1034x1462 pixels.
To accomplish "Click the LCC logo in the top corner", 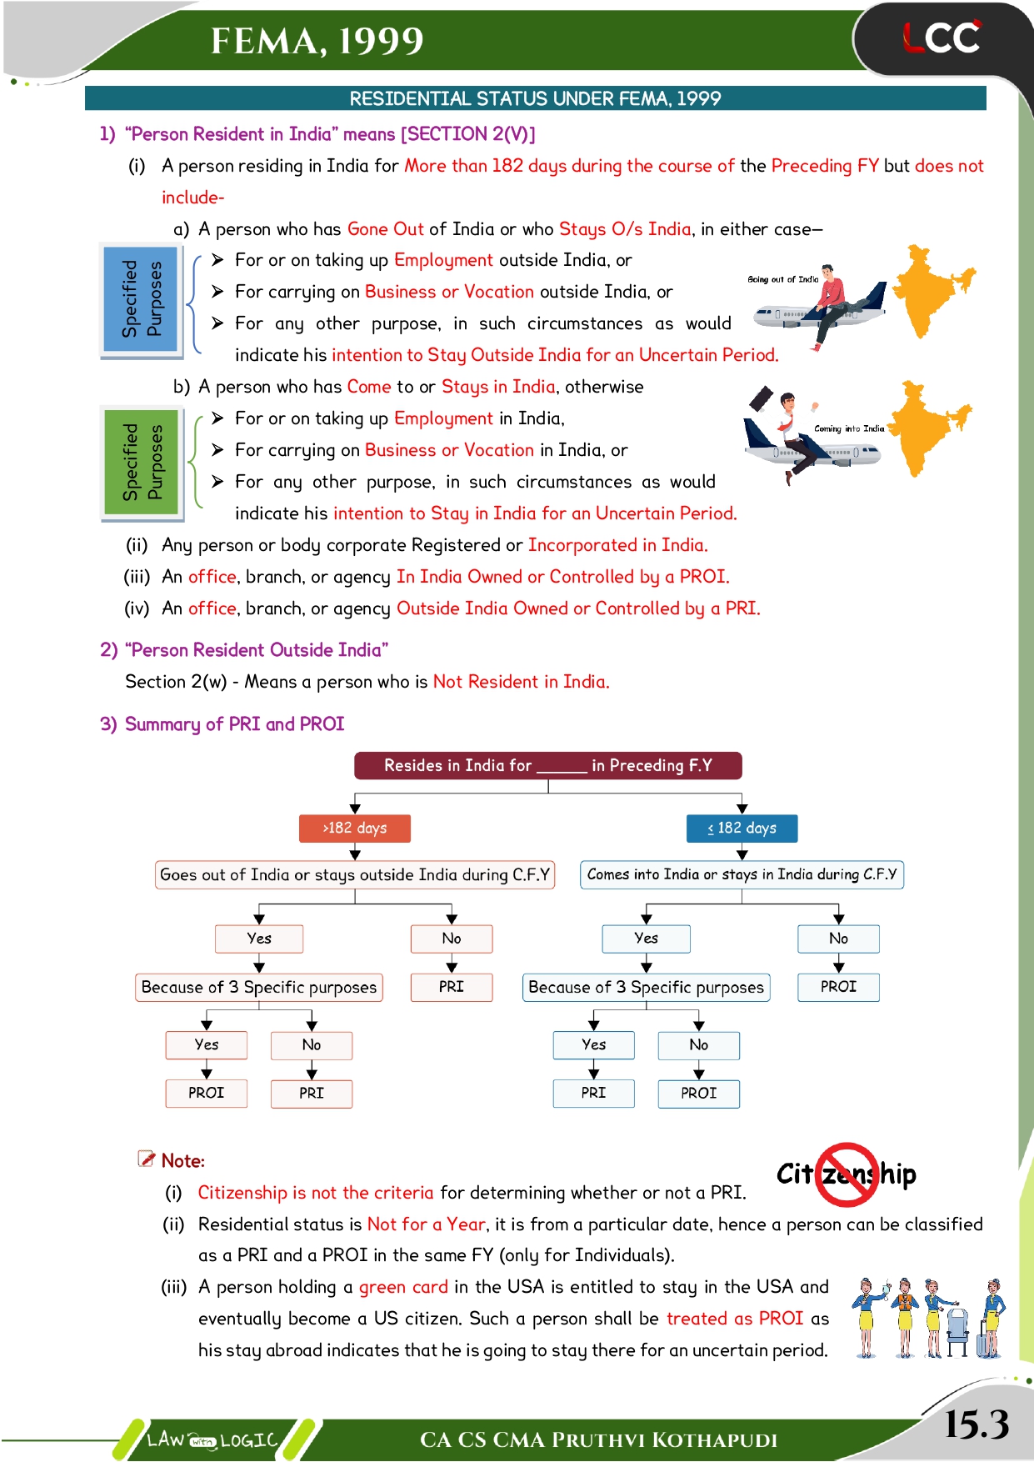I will coord(942,38).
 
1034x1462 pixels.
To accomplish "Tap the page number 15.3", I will coord(977,1424).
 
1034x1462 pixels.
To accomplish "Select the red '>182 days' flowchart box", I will coord(355,828).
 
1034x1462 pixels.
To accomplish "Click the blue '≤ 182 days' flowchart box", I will coord(742,828).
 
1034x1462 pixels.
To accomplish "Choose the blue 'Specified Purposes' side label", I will coord(142,299).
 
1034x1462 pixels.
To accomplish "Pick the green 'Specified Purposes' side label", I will coord(142,463).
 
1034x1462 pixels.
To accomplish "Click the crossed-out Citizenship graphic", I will coord(847,1174).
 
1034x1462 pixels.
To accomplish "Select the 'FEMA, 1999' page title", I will coord(317,41).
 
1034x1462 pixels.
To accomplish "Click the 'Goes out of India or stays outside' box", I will coord(355,874).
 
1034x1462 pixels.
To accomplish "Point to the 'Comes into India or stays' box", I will coord(742,874).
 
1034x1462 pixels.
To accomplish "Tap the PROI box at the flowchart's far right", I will coord(838,987).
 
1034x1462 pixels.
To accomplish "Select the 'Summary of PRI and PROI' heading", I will coord(234,723).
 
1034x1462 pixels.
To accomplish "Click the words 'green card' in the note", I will coord(403,1287).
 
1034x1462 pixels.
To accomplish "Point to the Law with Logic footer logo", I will coord(212,1439).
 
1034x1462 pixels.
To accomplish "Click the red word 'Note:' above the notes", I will coord(182,1160).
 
